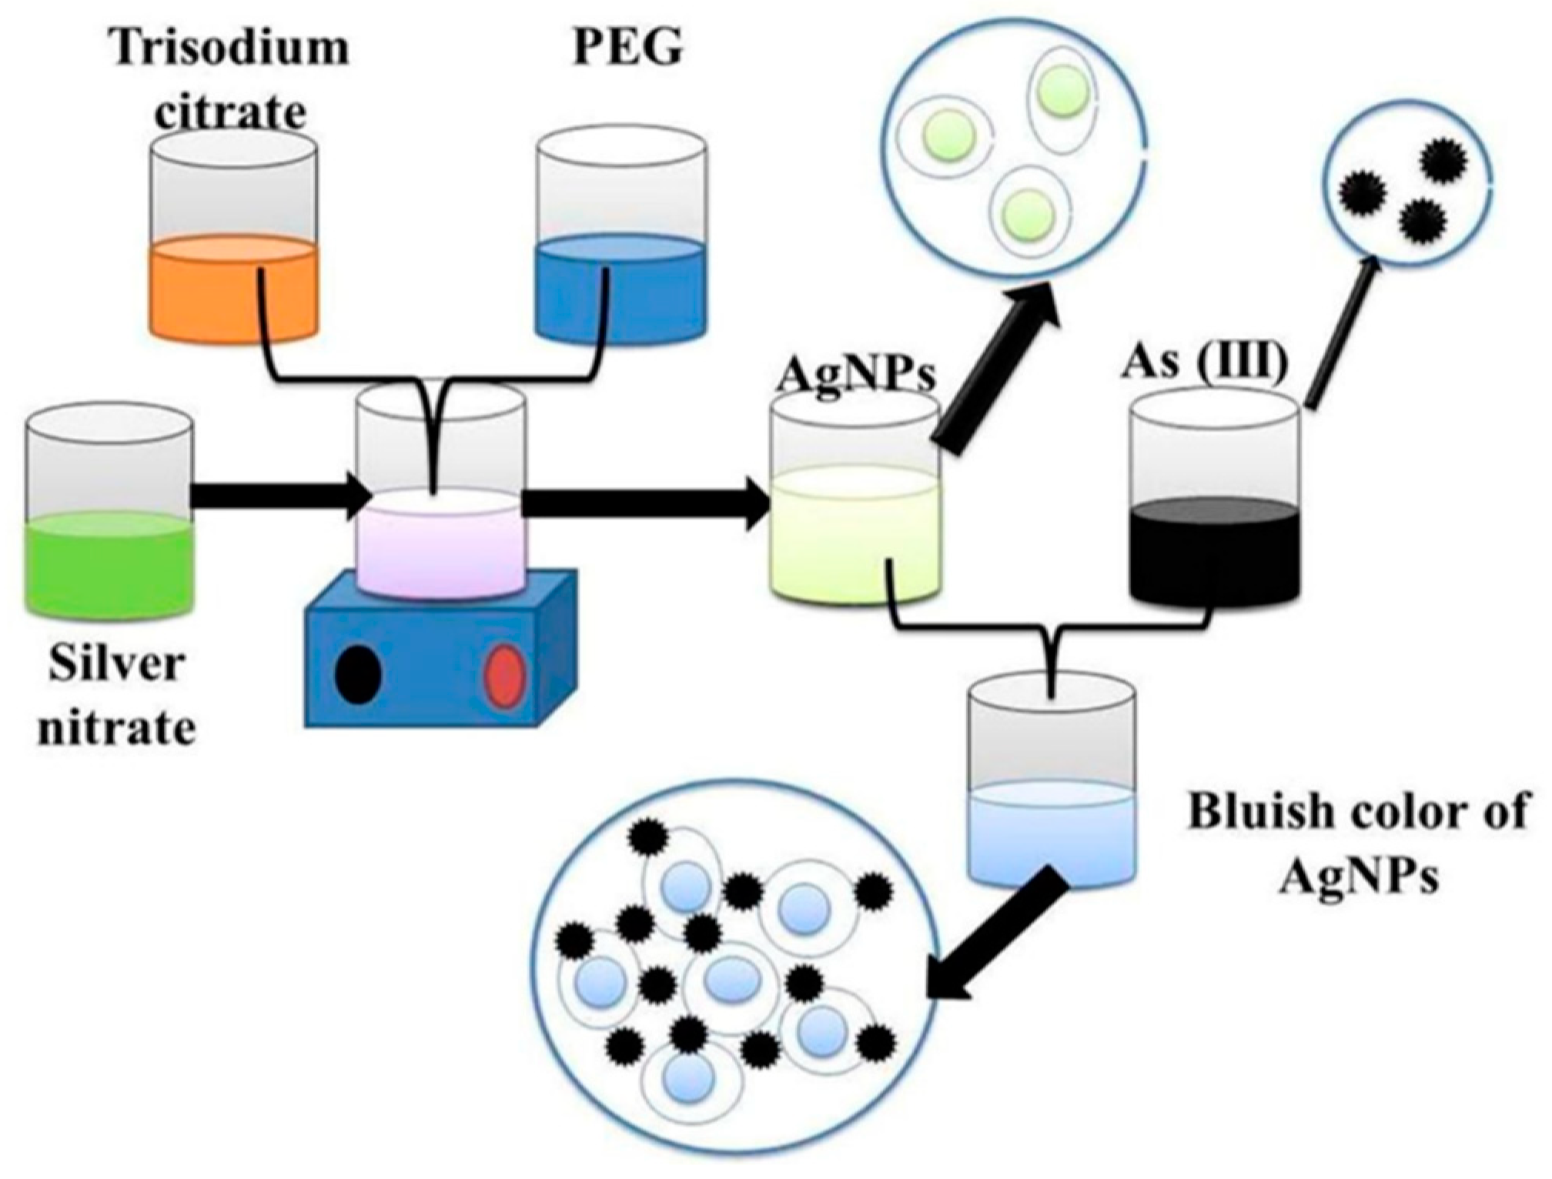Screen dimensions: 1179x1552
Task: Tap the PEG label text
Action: click(627, 48)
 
